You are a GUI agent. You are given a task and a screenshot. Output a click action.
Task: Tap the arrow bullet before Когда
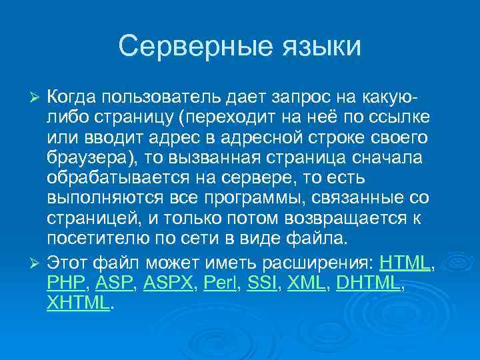(x=37, y=99)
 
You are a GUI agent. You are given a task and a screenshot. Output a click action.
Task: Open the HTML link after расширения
(x=405, y=262)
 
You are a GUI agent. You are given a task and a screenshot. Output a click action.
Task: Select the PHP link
(x=67, y=283)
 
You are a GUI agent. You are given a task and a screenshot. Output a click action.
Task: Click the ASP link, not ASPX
(x=114, y=283)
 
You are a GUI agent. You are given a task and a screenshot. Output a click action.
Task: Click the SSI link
(x=262, y=283)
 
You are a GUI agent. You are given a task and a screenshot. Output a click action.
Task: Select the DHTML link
(x=369, y=283)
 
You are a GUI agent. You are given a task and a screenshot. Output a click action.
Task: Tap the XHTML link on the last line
(x=77, y=303)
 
